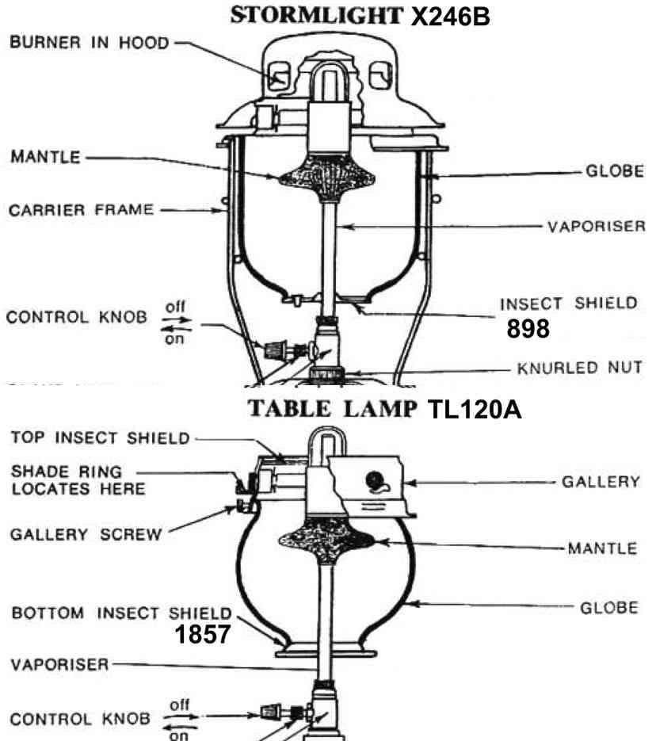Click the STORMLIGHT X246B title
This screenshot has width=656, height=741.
[360, 16]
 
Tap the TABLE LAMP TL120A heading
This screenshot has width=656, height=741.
[385, 409]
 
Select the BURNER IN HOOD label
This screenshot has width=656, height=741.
[90, 43]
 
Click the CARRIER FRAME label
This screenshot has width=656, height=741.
[82, 210]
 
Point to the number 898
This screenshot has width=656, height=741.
[528, 328]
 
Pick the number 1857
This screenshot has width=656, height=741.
[203, 634]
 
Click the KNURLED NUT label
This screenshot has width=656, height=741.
[579, 368]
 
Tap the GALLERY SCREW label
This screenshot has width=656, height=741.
[86, 534]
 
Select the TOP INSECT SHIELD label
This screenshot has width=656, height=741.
[100, 438]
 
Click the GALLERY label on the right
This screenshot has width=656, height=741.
[601, 482]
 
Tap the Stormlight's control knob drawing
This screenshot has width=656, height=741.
[275, 350]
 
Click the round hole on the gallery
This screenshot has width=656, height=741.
[375, 481]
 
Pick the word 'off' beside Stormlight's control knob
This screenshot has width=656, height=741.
[175, 307]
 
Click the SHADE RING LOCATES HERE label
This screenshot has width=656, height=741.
[78, 479]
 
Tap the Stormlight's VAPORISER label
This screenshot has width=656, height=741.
[597, 227]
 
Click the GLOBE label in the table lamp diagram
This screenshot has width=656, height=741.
[609, 607]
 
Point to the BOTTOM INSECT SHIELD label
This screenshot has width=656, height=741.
[122, 613]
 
